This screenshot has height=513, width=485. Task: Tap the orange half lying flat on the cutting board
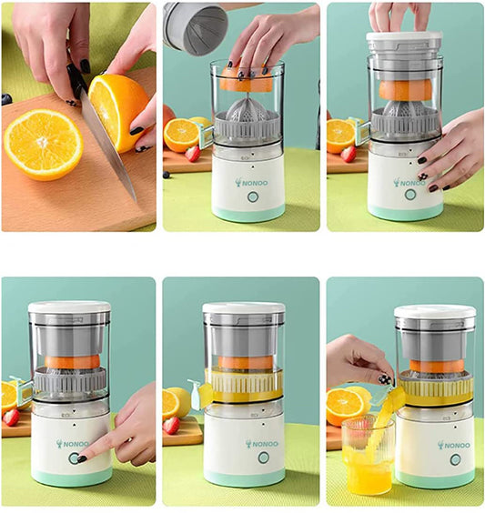(43, 144)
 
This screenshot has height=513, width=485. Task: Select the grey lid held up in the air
(195, 28)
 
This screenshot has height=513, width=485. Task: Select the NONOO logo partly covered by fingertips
(409, 183)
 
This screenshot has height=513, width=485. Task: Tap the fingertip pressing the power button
(81, 458)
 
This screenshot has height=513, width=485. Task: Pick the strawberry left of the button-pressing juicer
(11, 417)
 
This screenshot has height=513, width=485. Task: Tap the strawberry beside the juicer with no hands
(171, 426)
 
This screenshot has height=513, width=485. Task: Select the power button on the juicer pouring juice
(455, 460)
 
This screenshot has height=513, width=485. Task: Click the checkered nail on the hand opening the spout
(385, 380)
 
